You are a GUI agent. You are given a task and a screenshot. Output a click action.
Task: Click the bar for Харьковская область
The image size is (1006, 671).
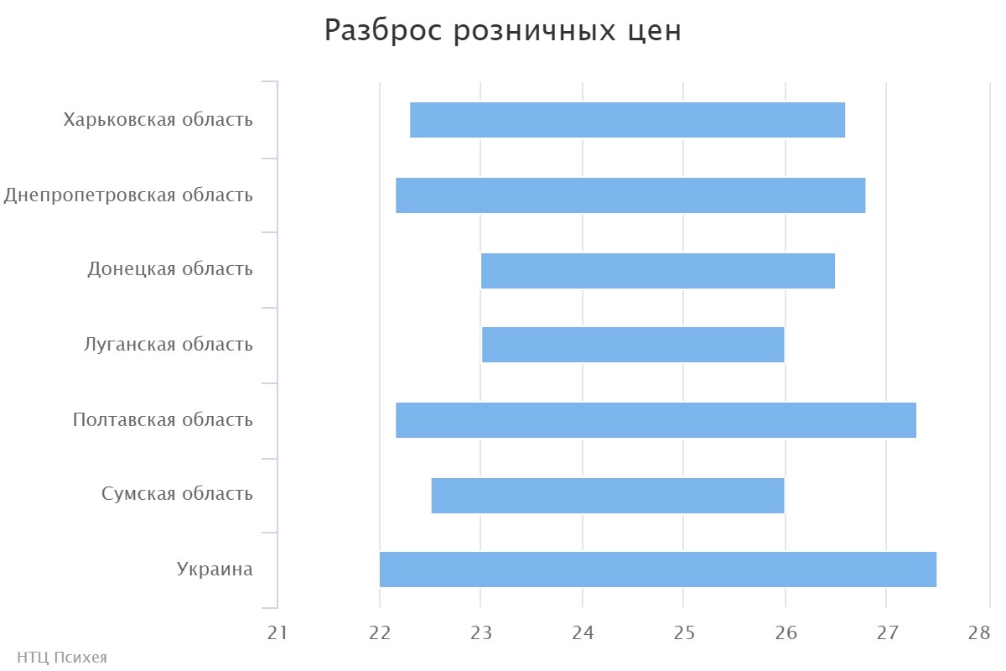(x=627, y=120)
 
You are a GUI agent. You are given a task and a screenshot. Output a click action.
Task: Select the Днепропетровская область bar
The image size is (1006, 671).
(x=630, y=195)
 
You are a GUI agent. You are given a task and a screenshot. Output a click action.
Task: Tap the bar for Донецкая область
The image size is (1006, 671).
(x=657, y=271)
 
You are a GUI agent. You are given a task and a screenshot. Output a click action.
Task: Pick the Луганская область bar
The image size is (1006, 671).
(x=632, y=345)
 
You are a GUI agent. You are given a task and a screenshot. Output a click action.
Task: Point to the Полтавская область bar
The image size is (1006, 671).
(x=655, y=420)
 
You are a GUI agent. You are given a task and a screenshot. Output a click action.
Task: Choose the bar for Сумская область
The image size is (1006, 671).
(x=607, y=495)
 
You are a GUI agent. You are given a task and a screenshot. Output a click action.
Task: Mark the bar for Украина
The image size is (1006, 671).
(x=657, y=570)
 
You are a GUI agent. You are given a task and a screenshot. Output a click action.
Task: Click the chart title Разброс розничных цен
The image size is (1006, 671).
(x=502, y=31)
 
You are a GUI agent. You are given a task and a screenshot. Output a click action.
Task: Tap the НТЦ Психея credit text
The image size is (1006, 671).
(x=62, y=658)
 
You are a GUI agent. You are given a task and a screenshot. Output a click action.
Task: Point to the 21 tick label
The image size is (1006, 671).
(x=277, y=633)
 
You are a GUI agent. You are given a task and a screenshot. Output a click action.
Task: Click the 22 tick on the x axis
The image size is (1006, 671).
(x=380, y=633)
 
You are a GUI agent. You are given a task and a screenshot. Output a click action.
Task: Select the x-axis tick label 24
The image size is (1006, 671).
(x=583, y=633)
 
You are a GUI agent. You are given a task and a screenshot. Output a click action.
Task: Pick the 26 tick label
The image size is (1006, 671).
(x=786, y=633)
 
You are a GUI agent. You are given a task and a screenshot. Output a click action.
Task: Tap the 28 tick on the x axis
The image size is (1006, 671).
(x=978, y=633)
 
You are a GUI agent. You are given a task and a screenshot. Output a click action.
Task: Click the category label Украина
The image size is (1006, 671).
(x=215, y=570)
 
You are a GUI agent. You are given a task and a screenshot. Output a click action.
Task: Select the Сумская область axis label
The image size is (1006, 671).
(x=177, y=494)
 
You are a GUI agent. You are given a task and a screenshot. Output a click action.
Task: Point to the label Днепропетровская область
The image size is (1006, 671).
(x=128, y=195)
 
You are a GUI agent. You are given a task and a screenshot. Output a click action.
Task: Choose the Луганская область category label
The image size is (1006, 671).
(x=169, y=345)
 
